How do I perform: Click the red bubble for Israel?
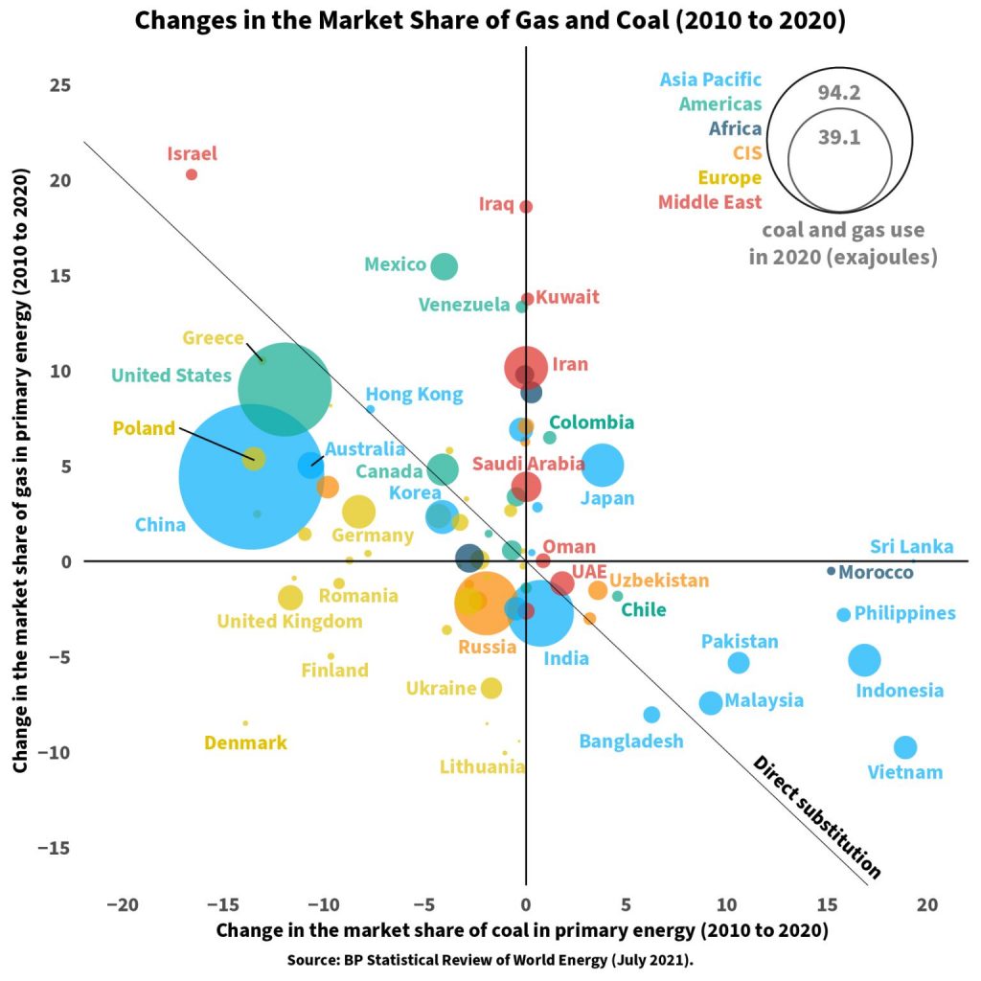(192, 174)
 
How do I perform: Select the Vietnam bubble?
(904, 747)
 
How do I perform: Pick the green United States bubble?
(285, 388)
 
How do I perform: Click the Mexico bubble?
(444, 266)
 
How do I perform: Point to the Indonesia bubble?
(864, 659)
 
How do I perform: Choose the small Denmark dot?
(245, 723)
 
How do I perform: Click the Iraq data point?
(526, 207)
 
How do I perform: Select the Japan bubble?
(603, 466)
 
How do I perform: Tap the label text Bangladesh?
(631, 741)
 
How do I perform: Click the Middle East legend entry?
(710, 202)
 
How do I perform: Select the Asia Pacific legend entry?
(711, 80)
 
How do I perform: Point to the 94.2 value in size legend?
(838, 92)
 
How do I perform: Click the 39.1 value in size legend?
(839, 137)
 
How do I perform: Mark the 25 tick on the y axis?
(61, 84)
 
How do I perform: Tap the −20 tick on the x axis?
(123, 905)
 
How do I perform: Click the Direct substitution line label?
(817, 817)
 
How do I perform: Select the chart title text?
(490, 21)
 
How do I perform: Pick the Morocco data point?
(831, 571)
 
